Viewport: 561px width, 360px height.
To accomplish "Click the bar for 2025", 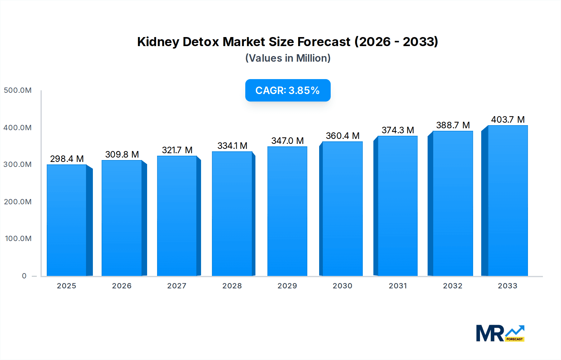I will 67,220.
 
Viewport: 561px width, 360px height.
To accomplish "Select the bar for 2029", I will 287,211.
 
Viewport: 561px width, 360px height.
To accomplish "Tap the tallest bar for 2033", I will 507,201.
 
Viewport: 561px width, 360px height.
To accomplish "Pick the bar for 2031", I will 397,206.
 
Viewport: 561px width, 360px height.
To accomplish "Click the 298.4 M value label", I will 67,159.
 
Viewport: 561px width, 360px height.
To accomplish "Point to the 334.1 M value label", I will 232,146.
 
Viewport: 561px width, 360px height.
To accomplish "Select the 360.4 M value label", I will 343,136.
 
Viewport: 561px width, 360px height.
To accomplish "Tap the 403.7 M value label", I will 508,120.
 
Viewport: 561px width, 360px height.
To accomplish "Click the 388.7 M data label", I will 453,125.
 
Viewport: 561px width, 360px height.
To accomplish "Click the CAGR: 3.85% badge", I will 288,90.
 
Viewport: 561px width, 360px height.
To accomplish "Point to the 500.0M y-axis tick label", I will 18,90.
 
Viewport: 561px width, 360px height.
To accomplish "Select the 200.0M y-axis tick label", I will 18,202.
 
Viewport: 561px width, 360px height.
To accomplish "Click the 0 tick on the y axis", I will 24,276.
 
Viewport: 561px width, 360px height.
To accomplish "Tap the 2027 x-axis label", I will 177,286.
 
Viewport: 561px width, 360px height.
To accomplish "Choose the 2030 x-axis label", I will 342,286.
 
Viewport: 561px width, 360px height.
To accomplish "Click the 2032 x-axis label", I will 453,286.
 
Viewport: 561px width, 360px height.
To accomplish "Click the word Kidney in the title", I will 158,42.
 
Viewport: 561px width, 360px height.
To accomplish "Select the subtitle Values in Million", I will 288,58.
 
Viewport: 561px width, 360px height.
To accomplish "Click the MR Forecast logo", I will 500,333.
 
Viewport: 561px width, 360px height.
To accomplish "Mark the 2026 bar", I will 122,218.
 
